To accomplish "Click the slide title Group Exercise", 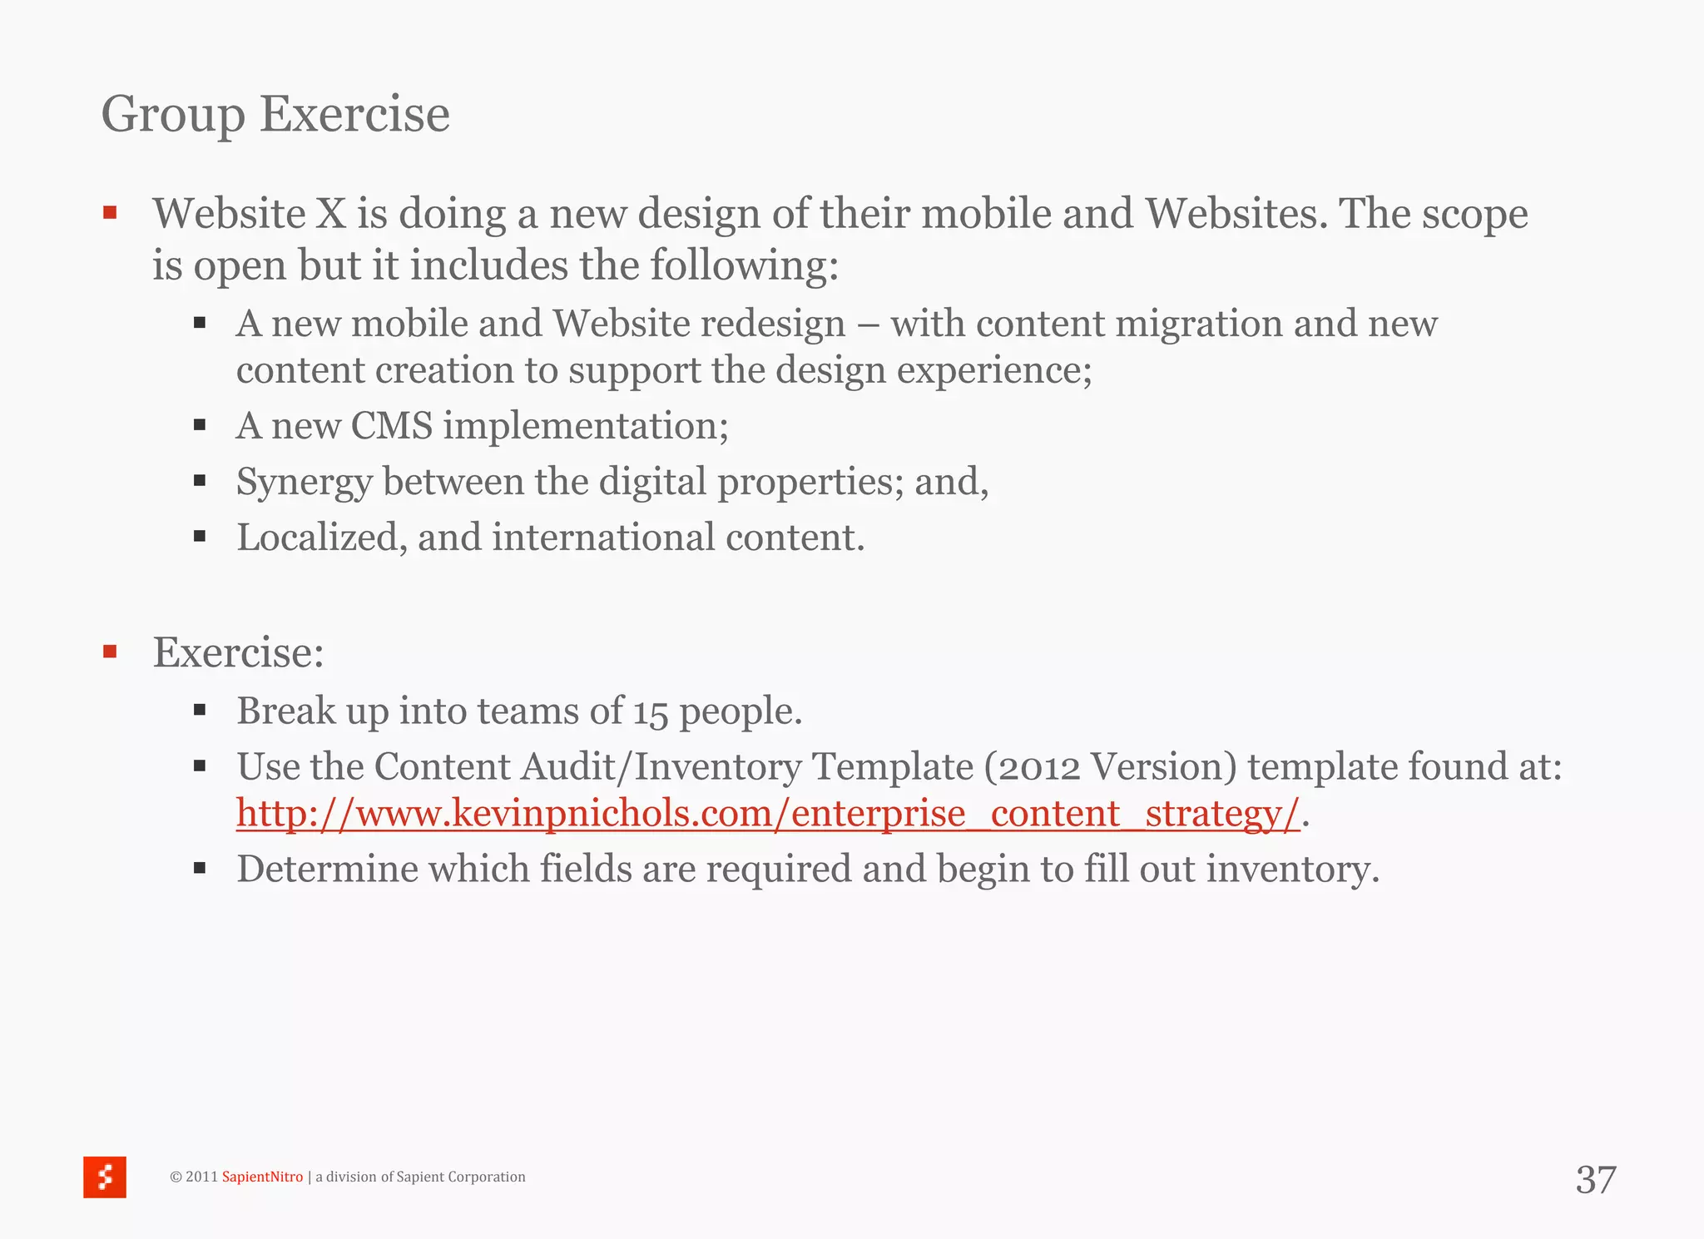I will pyautogui.click(x=275, y=114).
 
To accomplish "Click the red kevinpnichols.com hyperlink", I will pyautogui.click(x=767, y=814).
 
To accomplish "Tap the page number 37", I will pyautogui.click(x=1595, y=1180).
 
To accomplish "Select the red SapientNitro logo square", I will pyautogui.click(x=105, y=1177).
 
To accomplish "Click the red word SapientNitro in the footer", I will pyautogui.click(x=262, y=1177).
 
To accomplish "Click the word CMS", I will pyautogui.click(x=392, y=426).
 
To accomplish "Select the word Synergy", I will pyautogui.click(x=304, y=483).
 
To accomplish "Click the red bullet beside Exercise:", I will pyautogui.click(x=110, y=652).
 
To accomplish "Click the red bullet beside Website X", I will pyautogui.click(x=110, y=214).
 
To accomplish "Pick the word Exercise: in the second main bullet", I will pyautogui.click(x=239, y=652).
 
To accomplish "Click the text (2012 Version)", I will pyautogui.click(x=1110, y=766).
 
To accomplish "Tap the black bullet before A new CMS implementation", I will pyautogui.click(x=200, y=425).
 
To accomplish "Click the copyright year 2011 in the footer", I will pyautogui.click(x=201, y=1177).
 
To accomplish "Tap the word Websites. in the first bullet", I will pyautogui.click(x=1237, y=214).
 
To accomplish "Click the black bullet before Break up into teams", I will pyautogui.click(x=200, y=711).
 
